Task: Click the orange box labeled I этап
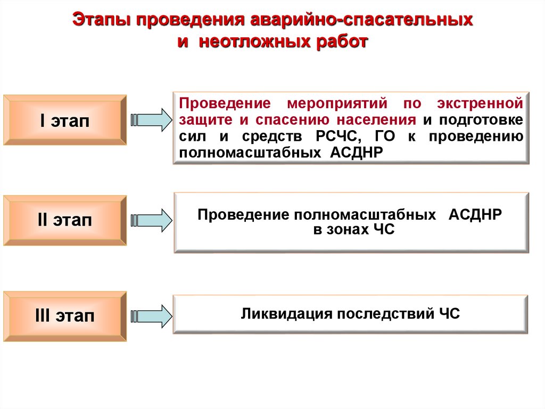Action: [65, 120]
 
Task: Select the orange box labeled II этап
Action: [65, 220]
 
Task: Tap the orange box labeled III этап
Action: [65, 316]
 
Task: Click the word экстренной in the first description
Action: [481, 102]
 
